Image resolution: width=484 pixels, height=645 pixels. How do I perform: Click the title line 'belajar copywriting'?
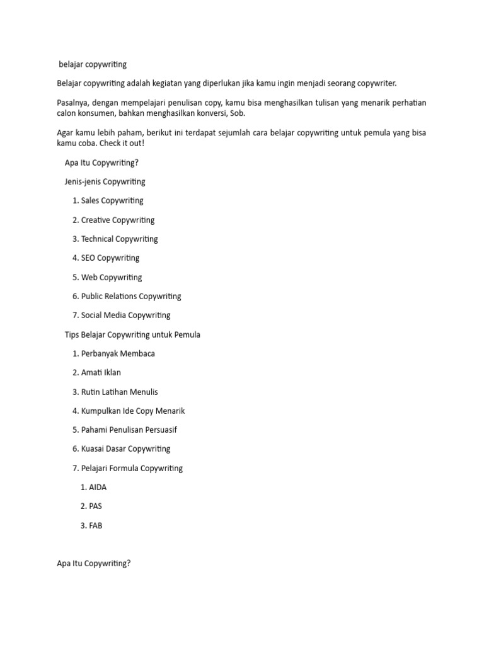tap(93, 64)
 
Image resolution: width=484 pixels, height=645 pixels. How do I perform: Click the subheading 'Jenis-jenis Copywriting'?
tap(105, 182)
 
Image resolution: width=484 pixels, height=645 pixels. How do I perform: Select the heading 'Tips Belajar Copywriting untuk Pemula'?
tap(132, 334)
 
